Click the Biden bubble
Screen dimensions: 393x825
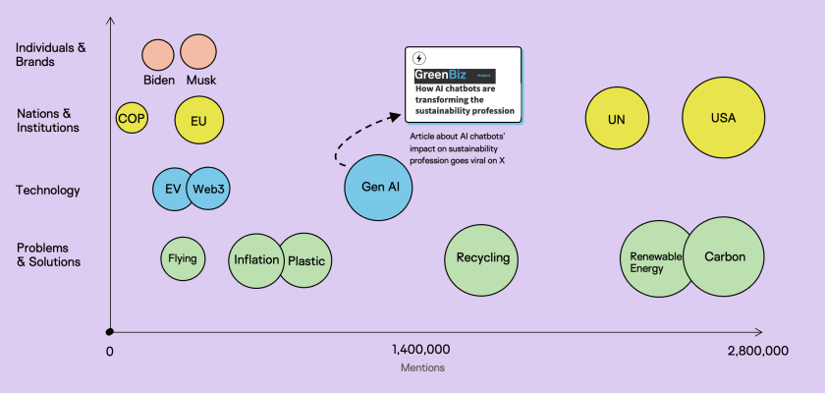coord(158,54)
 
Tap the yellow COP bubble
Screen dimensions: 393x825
coord(131,119)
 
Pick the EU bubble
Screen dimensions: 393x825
coord(199,121)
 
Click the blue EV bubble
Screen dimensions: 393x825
coord(171,189)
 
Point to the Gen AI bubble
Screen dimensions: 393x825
coord(379,187)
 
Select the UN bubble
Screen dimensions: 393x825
coord(617,119)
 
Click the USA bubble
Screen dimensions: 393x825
coord(724,118)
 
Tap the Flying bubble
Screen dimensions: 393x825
coord(183,259)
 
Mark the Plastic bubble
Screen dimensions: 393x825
coord(306,260)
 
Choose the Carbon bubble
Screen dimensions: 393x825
coord(726,257)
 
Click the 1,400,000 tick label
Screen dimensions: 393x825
coord(420,350)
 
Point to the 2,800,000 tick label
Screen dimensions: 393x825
coord(757,350)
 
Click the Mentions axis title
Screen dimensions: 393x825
coord(422,368)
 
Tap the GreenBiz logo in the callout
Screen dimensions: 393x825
coord(443,75)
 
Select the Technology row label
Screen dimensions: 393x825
coord(48,191)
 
